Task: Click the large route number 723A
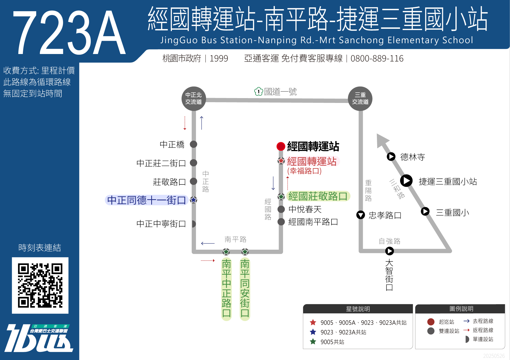pos(69,33)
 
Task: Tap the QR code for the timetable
pos(40,285)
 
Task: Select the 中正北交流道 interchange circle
pos(194,99)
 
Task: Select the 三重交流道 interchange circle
pos(360,99)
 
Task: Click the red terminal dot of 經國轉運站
pos(281,146)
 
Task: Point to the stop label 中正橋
pos(172,144)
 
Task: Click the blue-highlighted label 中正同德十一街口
pos(147,200)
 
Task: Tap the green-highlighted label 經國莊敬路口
pos(318,196)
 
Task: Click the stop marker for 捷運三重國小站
pos(406,181)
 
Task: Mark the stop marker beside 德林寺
pos(391,156)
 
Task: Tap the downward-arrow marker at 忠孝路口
pos(361,215)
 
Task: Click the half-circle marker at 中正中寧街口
pos(194,224)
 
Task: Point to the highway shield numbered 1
pos(259,91)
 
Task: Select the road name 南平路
pos(235,239)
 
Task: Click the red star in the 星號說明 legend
pos(313,322)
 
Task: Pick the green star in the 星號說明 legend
pos(313,341)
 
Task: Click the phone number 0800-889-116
pos(377,59)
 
